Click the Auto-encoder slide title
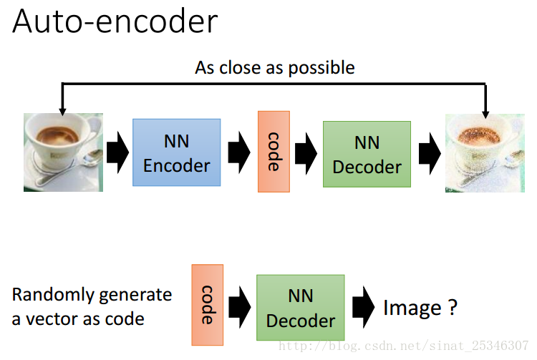click(115, 21)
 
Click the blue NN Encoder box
click(177, 152)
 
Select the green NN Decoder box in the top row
click(367, 155)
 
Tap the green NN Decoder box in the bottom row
click(301, 308)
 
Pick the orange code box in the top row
click(274, 152)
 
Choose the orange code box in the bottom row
click(208, 305)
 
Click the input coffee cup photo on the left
click(63, 152)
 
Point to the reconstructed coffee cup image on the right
click(485, 153)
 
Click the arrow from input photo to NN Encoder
click(118, 152)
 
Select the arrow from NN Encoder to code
click(239, 152)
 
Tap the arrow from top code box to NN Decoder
click(306, 154)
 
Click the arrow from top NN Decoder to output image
click(430, 154)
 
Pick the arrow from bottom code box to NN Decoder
click(240, 307)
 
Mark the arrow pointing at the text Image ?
click(363, 307)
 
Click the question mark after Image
click(453, 307)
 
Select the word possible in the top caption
click(321, 68)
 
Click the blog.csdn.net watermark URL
click(403, 346)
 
